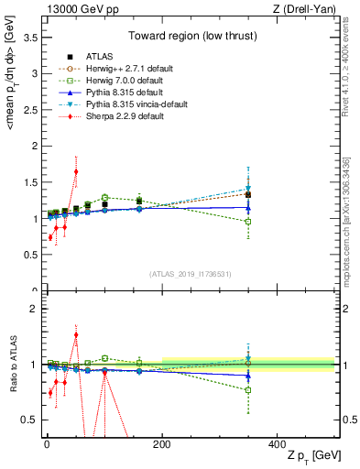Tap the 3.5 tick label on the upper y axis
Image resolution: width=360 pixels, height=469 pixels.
click(x=29, y=37)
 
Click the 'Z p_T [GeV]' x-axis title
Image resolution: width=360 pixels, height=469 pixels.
click(x=308, y=457)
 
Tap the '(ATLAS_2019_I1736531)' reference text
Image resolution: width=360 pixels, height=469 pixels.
click(x=190, y=273)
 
